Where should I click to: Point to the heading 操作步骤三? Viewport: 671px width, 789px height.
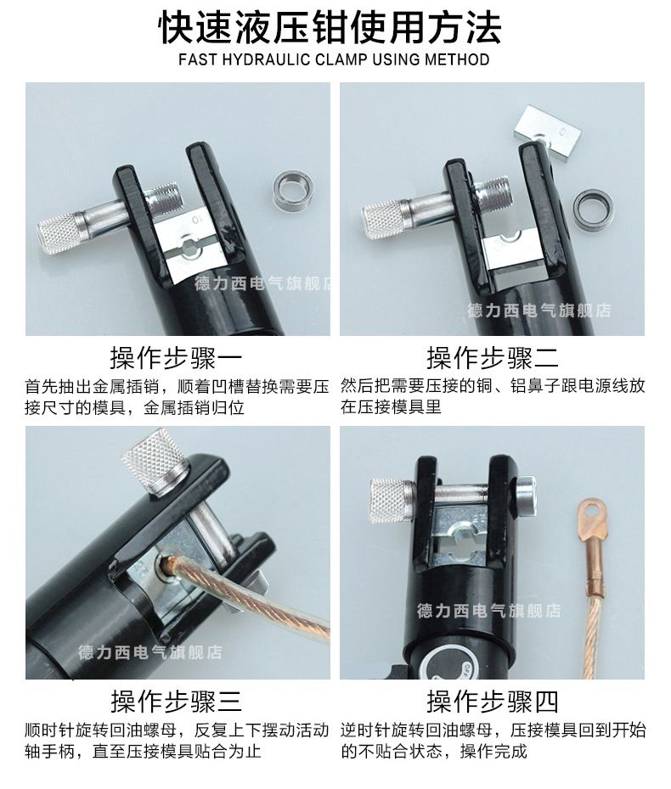[x=176, y=702]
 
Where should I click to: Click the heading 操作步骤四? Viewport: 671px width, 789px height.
[x=492, y=702]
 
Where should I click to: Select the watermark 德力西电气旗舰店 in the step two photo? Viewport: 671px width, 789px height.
[x=538, y=311]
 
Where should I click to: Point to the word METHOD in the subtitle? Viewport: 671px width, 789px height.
[x=460, y=60]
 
